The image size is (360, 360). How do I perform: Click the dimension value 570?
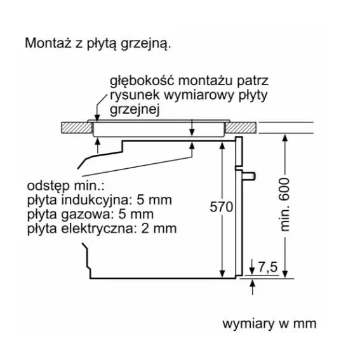(221, 207)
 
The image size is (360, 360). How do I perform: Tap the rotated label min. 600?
(285, 204)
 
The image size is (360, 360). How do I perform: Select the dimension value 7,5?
(268, 267)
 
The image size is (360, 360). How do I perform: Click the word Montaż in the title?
(48, 43)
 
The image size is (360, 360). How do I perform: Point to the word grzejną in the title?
(145, 44)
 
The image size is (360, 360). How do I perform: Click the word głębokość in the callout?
(142, 81)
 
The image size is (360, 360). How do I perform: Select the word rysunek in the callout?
(135, 96)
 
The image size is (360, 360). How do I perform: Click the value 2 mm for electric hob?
(159, 229)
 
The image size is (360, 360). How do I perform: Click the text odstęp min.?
(65, 187)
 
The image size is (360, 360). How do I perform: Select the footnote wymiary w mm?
(269, 324)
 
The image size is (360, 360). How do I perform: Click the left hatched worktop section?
(77, 128)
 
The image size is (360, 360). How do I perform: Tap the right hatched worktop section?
(241, 128)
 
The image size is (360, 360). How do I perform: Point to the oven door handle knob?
(249, 176)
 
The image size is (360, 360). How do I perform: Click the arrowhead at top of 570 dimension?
(222, 146)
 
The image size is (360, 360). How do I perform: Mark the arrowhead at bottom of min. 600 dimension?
(285, 274)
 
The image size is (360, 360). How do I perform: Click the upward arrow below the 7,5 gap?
(253, 287)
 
